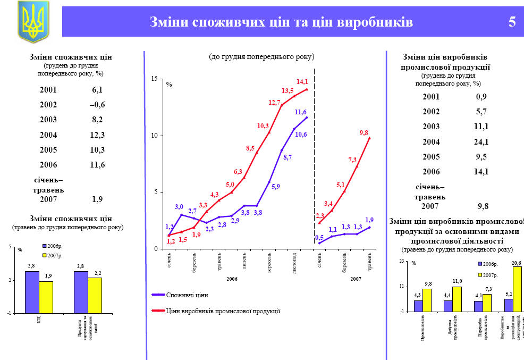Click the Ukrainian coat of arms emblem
tap(33, 21)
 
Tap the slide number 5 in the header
tap(512, 22)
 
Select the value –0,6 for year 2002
tap(97, 104)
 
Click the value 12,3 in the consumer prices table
tap(97, 135)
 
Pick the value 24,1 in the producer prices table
tap(481, 141)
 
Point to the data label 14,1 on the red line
tap(302, 82)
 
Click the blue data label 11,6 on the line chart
tap(300, 112)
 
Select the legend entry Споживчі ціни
tap(187, 295)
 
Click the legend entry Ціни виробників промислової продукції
tap(223, 311)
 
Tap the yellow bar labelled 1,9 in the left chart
tap(46, 297)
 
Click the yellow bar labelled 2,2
tap(95, 295)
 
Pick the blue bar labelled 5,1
tap(509, 305)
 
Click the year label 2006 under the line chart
tap(232, 279)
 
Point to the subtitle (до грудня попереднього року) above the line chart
tap(261, 56)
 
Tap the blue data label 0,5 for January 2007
tap(319, 238)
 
